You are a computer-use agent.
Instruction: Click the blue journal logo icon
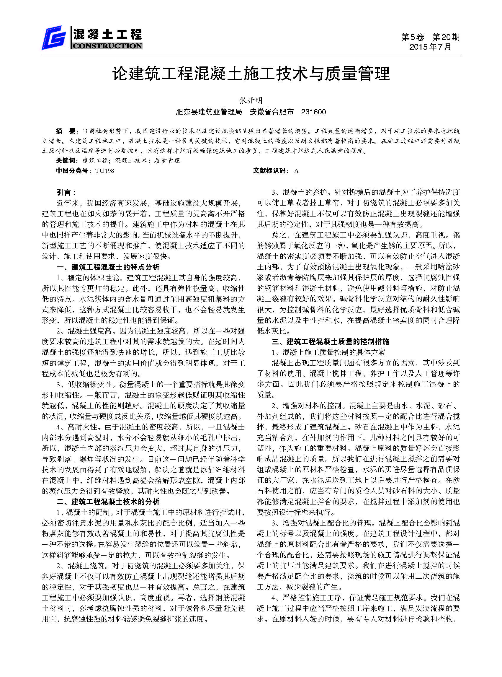54,38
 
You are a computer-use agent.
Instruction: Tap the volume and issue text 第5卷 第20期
430,37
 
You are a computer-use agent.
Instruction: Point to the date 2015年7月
430,47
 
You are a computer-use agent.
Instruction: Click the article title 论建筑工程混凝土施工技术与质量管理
251,74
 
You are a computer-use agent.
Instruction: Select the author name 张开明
251,101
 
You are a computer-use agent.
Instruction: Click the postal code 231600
313,112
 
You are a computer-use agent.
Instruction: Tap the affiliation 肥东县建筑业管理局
209,112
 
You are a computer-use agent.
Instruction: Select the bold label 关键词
66,161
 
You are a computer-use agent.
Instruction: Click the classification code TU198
104,171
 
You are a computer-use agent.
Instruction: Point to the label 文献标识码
270,171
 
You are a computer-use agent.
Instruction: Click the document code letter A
296,171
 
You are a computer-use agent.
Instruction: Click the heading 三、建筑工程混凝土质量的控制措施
330,341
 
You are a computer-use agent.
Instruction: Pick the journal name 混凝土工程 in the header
107,35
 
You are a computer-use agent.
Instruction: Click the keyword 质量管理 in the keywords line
167,161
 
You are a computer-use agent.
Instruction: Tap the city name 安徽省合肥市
272,112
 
